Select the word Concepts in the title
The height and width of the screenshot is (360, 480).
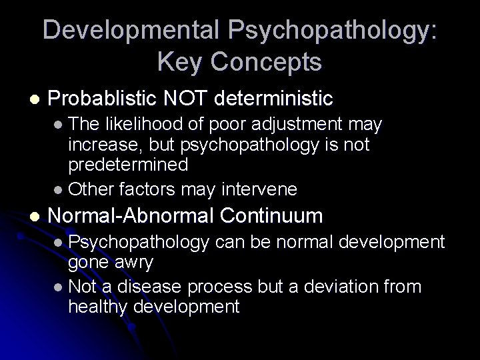(x=265, y=63)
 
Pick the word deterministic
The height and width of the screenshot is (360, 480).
(x=281, y=99)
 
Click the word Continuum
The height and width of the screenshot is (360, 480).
(x=271, y=216)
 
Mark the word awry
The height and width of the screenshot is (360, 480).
(x=133, y=263)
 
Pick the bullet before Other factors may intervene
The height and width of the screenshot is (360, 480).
(x=59, y=191)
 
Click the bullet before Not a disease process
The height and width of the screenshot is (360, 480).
(x=59, y=288)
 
